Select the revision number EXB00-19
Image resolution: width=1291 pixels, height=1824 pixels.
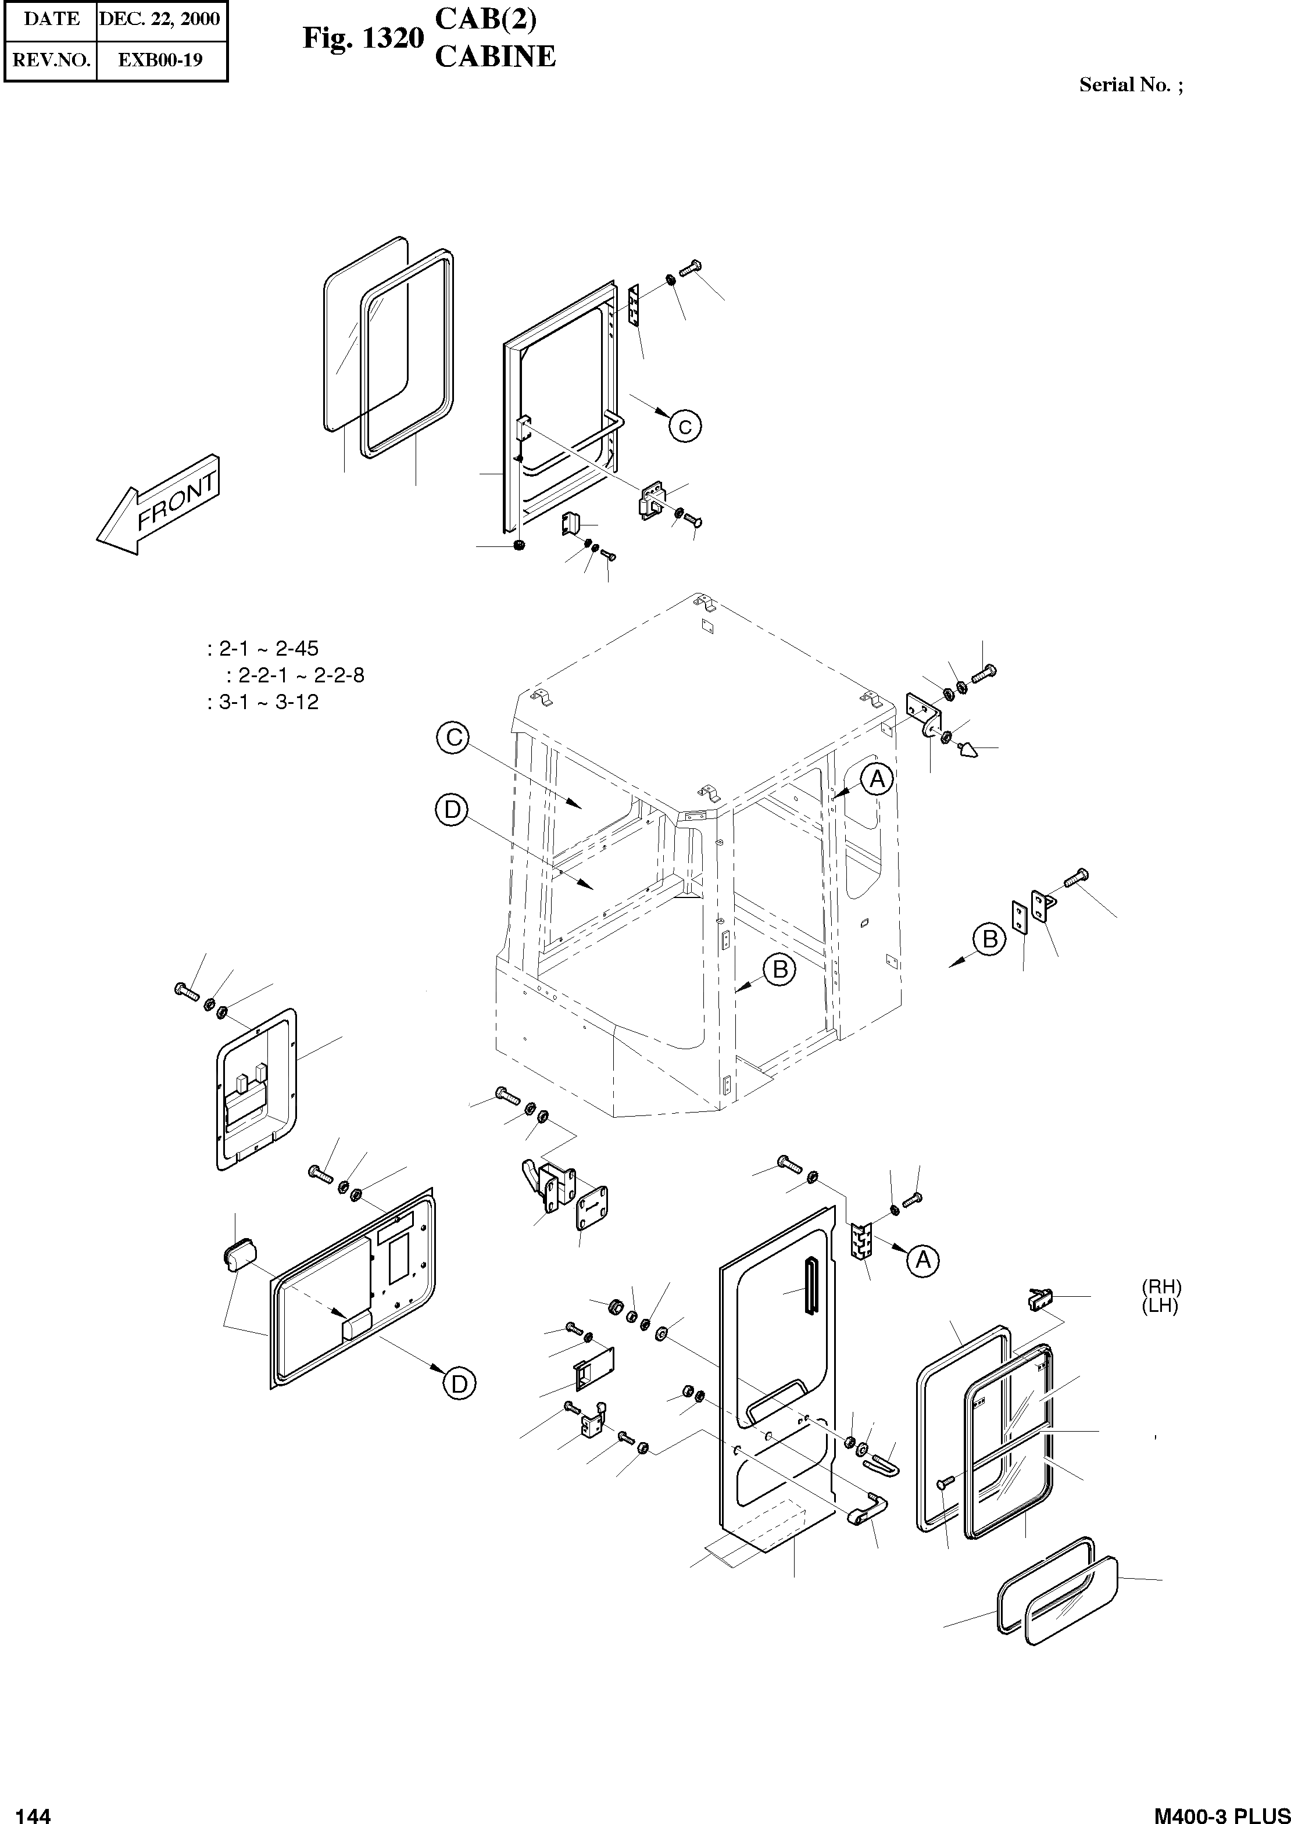coord(160,60)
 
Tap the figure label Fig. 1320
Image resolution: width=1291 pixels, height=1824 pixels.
coord(363,38)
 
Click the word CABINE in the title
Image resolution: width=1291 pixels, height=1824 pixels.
coord(495,57)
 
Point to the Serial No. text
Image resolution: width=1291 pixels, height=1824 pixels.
coord(1129,85)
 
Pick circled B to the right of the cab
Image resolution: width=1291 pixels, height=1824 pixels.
coord(990,939)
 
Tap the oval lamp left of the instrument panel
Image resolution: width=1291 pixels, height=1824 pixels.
coord(237,1255)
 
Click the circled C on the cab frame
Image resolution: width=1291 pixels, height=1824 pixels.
coord(453,738)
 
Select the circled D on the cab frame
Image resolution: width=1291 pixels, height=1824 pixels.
coord(452,811)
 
